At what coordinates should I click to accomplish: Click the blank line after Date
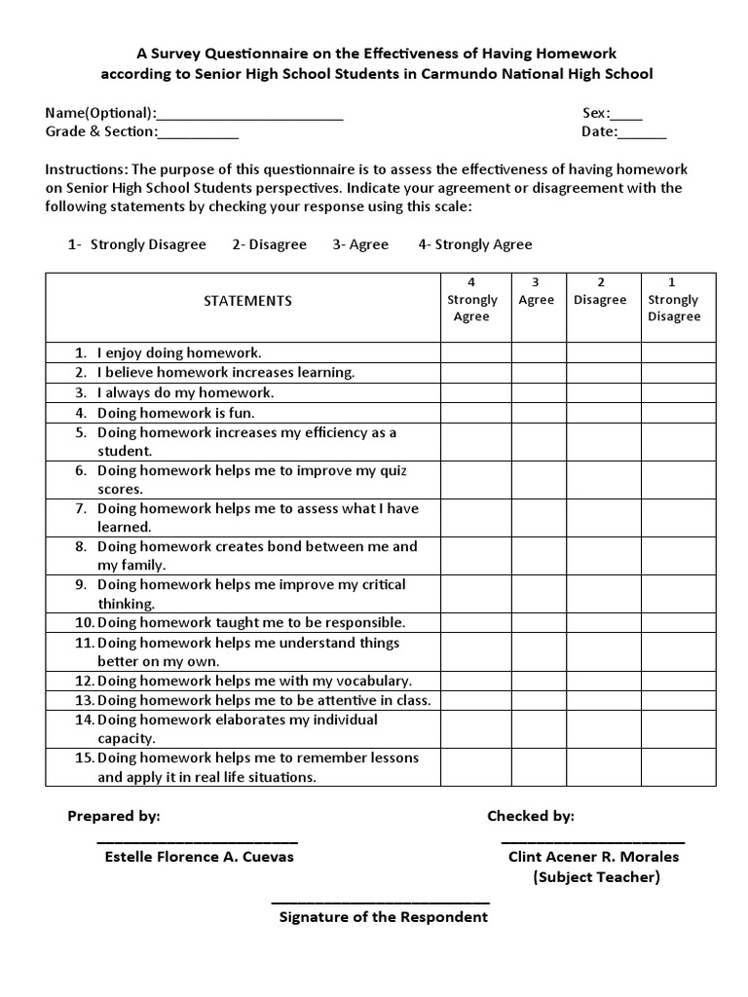pyautogui.click(x=643, y=132)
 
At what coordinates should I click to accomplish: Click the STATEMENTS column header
pyautogui.click(x=247, y=301)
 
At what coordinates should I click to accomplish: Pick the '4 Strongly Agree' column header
pyautogui.click(x=471, y=300)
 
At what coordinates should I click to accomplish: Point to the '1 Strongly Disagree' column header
pyautogui.click(x=673, y=300)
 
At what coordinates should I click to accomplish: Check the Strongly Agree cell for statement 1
pyautogui.click(x=476, y=352)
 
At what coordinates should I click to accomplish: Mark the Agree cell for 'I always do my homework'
pyautogui.click(x=540, y=393)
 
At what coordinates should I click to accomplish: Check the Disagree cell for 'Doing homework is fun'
pyautogui.click(x=604, y=413)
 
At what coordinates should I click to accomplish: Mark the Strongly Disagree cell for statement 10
pyautogui.click(x=678, y=623)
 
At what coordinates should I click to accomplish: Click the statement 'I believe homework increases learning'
pyautogui.click(x=226, y=373)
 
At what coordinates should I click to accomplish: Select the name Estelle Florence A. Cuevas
pyautogui.click(x=199, y=857)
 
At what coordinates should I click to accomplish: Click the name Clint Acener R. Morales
pyautogui.click(x=594, y=857)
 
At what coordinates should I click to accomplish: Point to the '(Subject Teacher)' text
pyautogui.click(x=596, y=877)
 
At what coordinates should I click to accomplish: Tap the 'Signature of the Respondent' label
pyautogui.click(x=384, y=917)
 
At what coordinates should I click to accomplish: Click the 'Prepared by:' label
pyautogui.click(x=114, y=816)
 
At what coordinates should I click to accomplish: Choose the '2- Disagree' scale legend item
pyautogui.click(x=269, y=245)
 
